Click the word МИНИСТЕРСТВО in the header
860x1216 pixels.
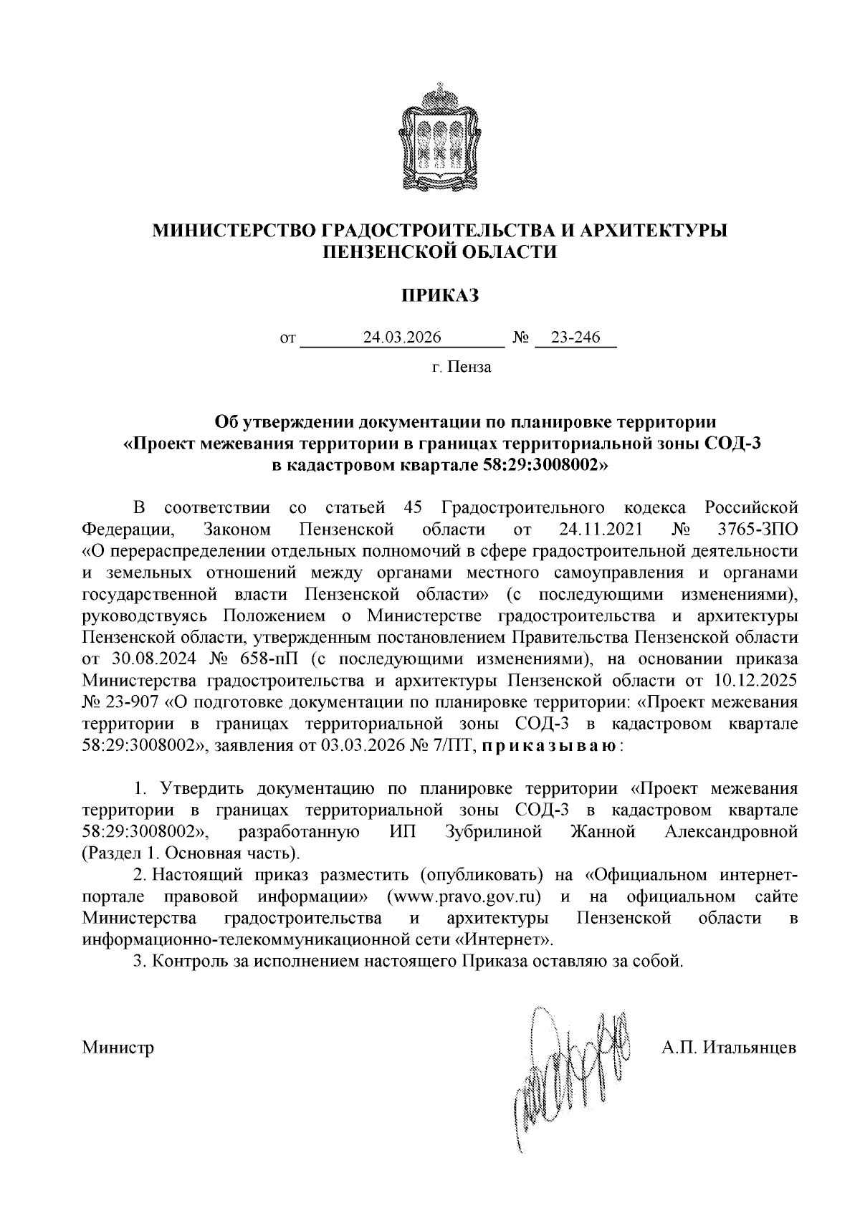231,231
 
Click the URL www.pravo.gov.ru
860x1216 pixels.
463,897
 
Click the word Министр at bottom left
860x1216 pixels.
118,1048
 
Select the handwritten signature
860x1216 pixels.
571,1075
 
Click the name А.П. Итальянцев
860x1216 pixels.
729,1048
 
